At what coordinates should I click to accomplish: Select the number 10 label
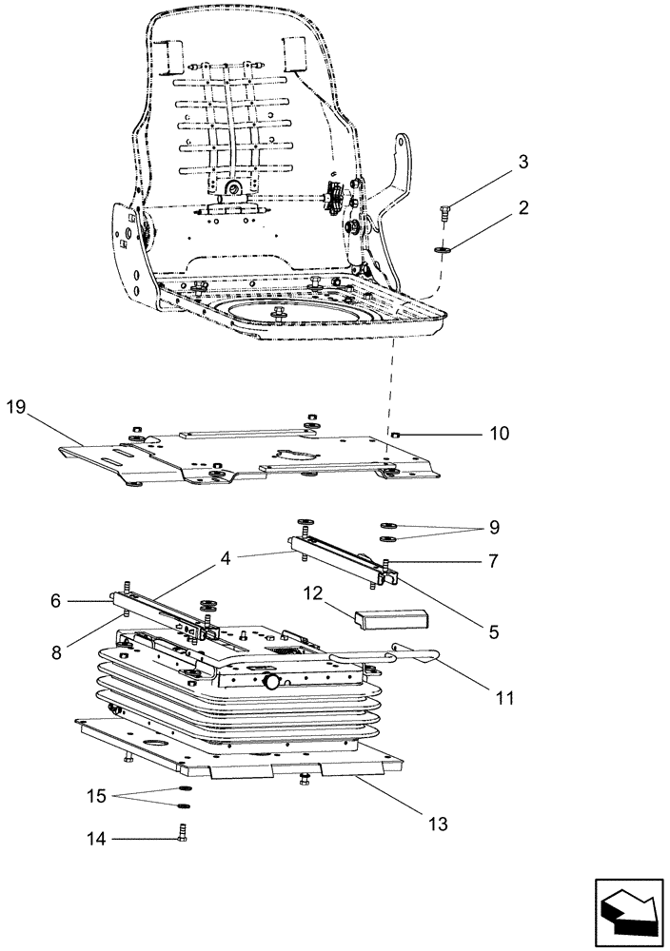click(500, 434)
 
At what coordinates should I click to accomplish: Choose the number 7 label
click(493, 561)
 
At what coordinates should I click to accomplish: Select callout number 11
click(503, 698)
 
